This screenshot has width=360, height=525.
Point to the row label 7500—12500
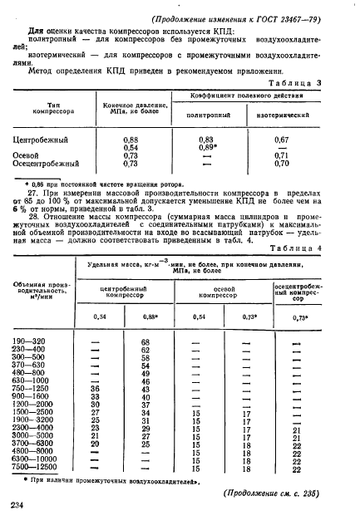click(x=34, y=469)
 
